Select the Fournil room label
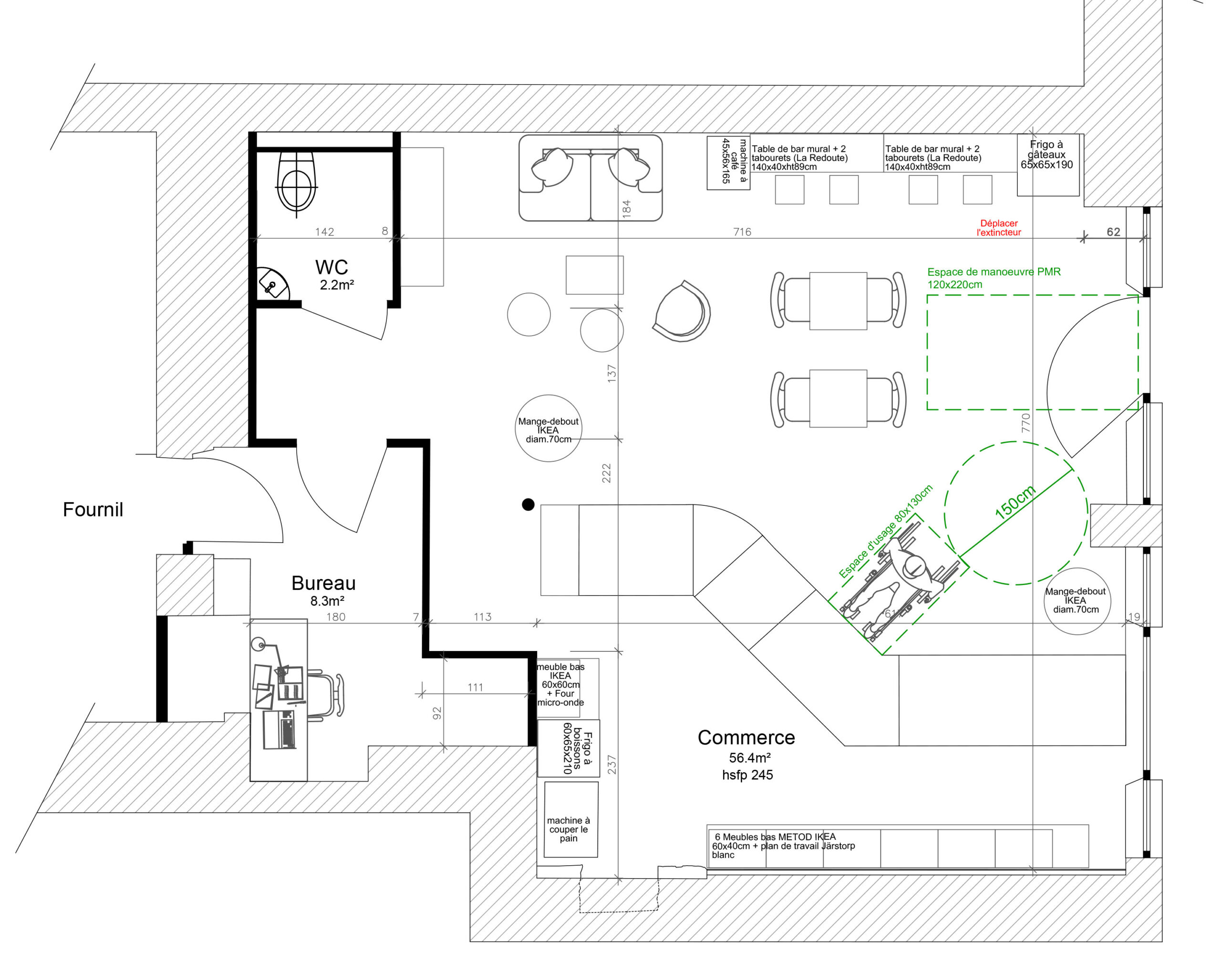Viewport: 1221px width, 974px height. (93, 509)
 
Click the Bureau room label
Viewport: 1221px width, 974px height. (323, 583)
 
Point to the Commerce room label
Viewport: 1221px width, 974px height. (746, 737)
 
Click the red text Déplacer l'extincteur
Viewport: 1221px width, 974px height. (999, 228)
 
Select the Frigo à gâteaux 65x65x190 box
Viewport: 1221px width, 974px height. (1048, 165)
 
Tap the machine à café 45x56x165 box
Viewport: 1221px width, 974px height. (728, 163)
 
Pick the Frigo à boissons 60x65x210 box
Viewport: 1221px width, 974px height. (569, 748)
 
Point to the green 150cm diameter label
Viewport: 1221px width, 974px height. (1015, 502)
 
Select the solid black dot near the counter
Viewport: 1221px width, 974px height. (528, 504)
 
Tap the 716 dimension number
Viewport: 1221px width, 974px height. (742, 232)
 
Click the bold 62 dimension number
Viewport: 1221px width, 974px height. (1113, 232)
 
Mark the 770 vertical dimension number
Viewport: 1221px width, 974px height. (1025, 423)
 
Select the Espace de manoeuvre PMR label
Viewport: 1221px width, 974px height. (994, 278)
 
